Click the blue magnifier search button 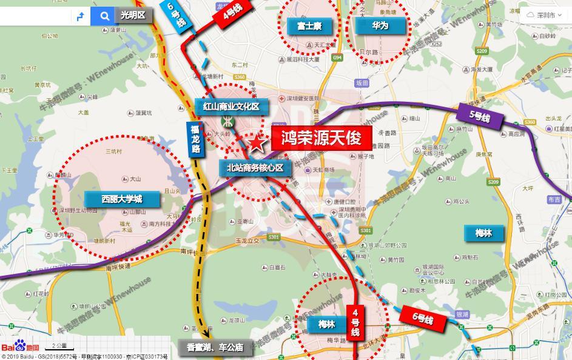(105, 16)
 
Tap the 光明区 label (133, 15)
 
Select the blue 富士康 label (309, 25)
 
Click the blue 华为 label (380, 25)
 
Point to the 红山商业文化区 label (230, 107)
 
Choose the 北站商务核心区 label (255, 168)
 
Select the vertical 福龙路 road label (195, 139)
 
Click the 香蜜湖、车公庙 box (215, 348)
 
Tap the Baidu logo (20, 347)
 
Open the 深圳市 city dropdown (545, 15)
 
